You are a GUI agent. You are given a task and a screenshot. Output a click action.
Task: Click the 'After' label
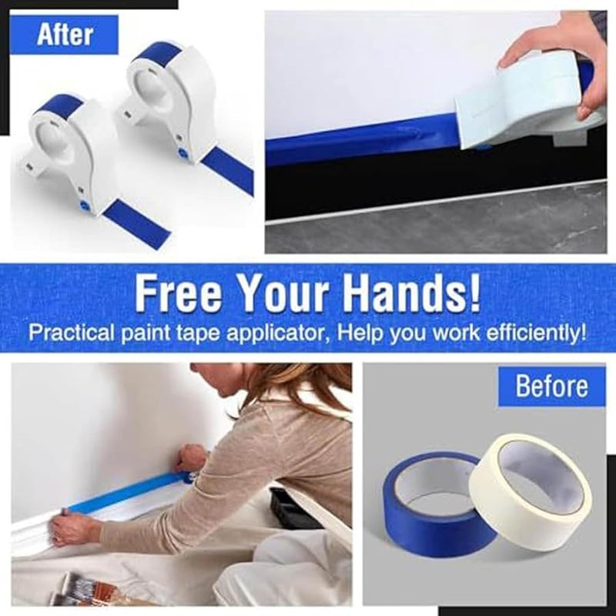coord(65,35)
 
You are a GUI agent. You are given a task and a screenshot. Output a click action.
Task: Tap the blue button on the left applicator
coord(84,206)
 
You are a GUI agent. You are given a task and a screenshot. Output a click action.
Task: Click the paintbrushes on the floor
coord(85,588)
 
